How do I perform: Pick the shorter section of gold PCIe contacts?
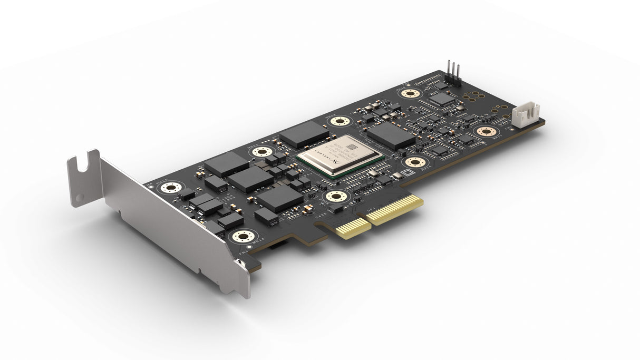click(x=350, y=227)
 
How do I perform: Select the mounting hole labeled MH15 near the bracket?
click(x=171, y=188)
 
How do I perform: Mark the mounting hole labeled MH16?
click(x=243, y=236)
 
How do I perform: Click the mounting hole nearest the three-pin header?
click(x=410, y=94)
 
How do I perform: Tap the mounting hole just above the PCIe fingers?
click(x=335, y=197)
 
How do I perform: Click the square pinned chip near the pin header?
click(x=441, y=99)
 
